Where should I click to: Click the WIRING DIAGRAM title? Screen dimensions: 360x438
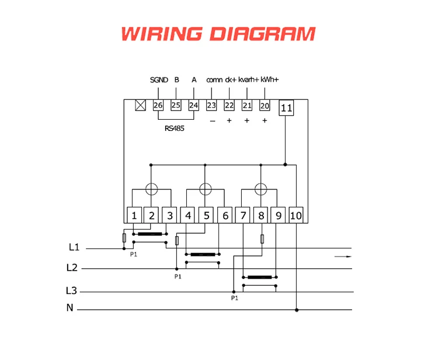(218, 33)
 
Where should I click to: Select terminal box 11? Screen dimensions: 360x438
(286, 108)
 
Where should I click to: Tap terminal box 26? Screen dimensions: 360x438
(158, 106)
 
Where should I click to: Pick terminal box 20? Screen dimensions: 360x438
(265, 106)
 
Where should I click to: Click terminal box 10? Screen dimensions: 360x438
(296, 215)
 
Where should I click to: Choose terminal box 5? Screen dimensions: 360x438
(207, 215)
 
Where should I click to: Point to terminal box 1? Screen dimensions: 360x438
(134, 215)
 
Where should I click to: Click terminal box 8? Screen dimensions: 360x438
(261, 215)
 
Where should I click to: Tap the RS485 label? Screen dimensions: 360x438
(174, 128)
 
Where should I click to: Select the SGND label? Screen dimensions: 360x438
(159, 80)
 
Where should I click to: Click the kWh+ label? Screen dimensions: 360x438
(269, 80)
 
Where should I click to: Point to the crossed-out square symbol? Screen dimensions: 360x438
(140, 106)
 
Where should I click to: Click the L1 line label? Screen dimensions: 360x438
(74, 248)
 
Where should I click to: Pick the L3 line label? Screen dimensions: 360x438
(71, 290)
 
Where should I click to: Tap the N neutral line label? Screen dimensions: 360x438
(69, 308)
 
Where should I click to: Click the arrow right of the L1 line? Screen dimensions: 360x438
(343, 256)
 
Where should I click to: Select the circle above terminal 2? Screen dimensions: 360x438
(151, 189)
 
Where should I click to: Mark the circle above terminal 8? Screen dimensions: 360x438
(260, 189)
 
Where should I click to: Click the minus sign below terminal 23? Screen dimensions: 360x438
(212, 121)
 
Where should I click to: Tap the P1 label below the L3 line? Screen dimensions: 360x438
(235, 298)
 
